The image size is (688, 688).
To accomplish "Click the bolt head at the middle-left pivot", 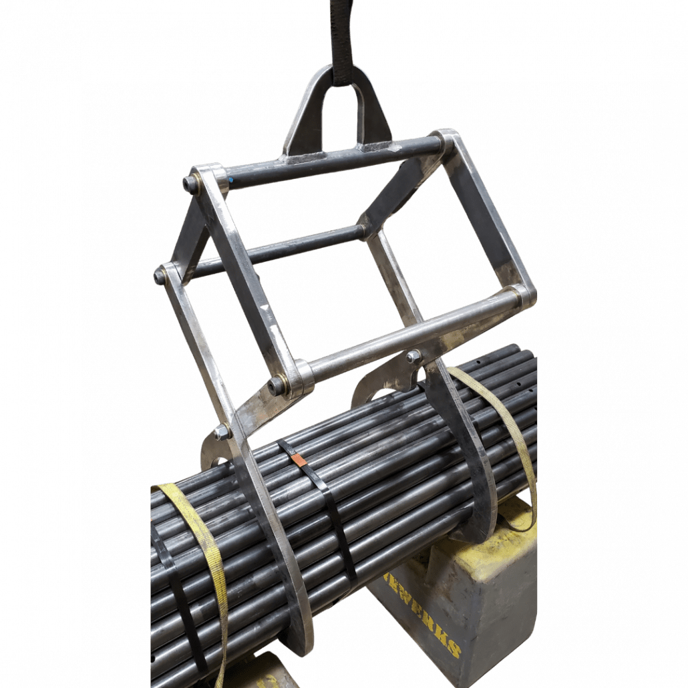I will (160, 275).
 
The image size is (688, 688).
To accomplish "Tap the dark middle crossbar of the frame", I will (281, 248).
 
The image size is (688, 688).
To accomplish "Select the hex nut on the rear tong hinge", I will (413, 357).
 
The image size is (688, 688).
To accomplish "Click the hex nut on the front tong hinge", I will (222, 432).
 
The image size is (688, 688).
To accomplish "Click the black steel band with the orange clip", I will (334, 521).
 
